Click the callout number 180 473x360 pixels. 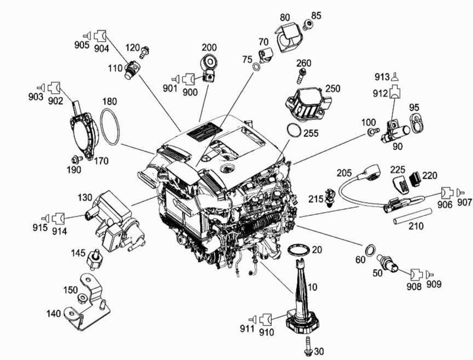(110, 101)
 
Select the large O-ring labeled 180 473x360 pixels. (110, 127)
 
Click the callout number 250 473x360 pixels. (333, 88)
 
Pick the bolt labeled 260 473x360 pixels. (300, 73)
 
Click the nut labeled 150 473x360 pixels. (82, 299)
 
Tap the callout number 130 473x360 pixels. (85, 197)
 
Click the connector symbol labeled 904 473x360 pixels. (100, 37)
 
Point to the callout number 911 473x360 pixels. (246, 329)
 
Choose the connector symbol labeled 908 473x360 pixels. (417, 272)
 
